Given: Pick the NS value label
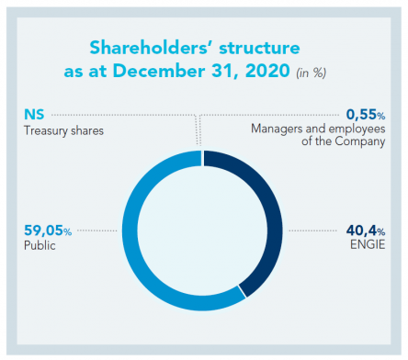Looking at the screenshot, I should point(34,115).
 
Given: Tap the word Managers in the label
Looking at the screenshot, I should point(277,130).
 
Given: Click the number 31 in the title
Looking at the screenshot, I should point(244,72).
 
